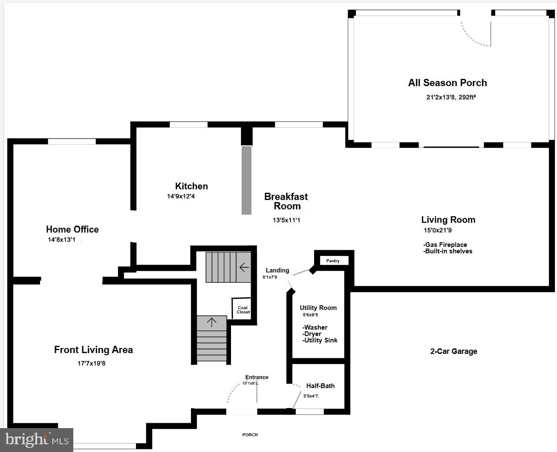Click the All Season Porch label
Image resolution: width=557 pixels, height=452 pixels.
[447, 83]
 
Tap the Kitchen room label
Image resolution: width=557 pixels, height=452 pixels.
[191, 186]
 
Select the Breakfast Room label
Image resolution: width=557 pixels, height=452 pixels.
[286, 201]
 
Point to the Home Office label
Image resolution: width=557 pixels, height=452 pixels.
[72, 229]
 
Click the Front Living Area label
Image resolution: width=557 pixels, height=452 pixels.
[93, 350]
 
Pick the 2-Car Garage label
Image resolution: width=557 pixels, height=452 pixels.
[453, 351]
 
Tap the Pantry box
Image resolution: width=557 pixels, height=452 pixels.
[333, 261]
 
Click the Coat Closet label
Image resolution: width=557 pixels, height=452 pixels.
[243, 310]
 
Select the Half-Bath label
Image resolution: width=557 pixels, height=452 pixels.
[320, 386]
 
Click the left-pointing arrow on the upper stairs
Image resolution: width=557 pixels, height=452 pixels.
[244, 267]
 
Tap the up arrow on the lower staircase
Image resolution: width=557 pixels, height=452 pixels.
[212, 322]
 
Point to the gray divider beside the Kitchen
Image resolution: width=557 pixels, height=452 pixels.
[246, 180]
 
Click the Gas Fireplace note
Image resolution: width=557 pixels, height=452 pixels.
[446, 245]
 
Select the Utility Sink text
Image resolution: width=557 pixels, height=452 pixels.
[320, 340]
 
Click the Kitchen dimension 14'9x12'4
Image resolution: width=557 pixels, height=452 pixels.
[181, 197]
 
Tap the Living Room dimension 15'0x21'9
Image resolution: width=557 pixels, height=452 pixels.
[438, 230]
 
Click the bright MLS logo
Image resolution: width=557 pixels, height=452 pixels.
[37, 440]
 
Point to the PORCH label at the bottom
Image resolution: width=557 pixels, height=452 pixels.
[250, 435]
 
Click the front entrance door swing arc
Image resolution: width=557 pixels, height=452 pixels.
[234, 390]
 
